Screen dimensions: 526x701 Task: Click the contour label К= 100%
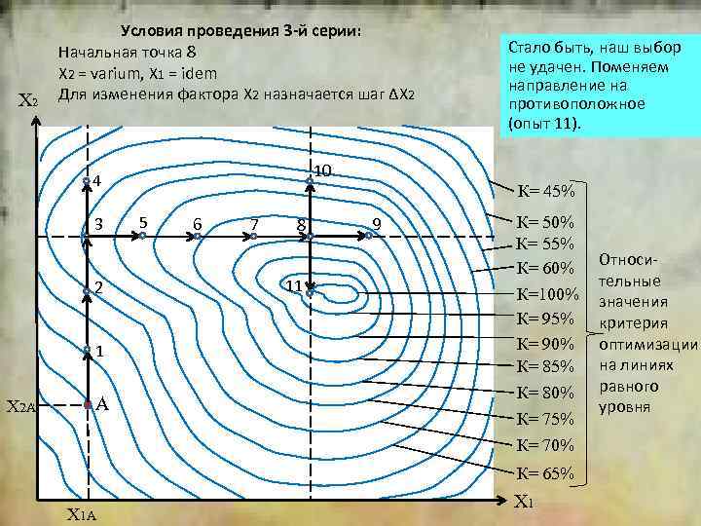pyautogui.click(x=548, y=293)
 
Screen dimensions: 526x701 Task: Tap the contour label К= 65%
pyautogui.click(x=545, y=474)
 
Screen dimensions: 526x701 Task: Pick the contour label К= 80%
pyautogui.click(x=545, y=394)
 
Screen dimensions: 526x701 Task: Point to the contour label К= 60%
pyautogui.click(x=545, y=268)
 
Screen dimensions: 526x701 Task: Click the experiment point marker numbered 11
pyautogui.click(x=310, y=291)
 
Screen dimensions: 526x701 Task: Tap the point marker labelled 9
pyautogui.click(x=370, y=234)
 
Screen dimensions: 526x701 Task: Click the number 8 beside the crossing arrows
pyautogui.click(x=302, y=227)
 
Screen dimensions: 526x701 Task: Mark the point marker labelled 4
pyautogui.click(x=87, y=181)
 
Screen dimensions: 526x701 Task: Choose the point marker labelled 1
pyautogui.click(x=87, y=350)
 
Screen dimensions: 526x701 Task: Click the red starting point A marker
pyautogui.click(x=87, y=402)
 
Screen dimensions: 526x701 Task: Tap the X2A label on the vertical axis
pyautogui.click(x=19, y=405)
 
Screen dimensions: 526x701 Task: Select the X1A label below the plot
pyautogui.click(x=82, y=515)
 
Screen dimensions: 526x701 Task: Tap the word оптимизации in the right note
pyautogui.click(x=649, y=344)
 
